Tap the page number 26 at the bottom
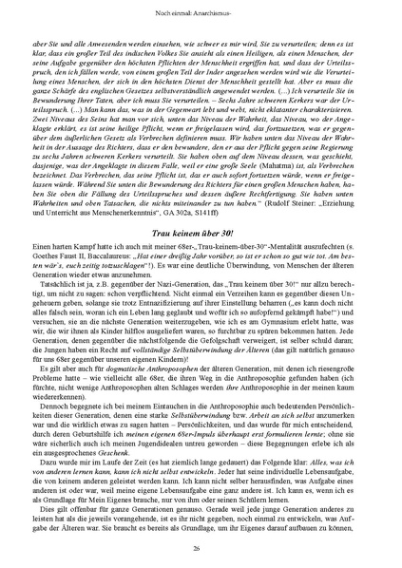201,548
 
